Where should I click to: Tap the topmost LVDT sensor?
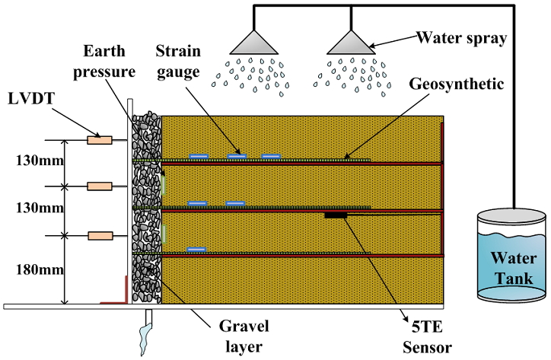(100, 140)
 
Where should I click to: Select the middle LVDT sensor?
(100, 186)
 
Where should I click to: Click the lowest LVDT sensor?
(100, 234)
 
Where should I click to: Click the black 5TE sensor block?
(336, 216)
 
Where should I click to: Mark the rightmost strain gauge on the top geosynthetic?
(272, 157)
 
